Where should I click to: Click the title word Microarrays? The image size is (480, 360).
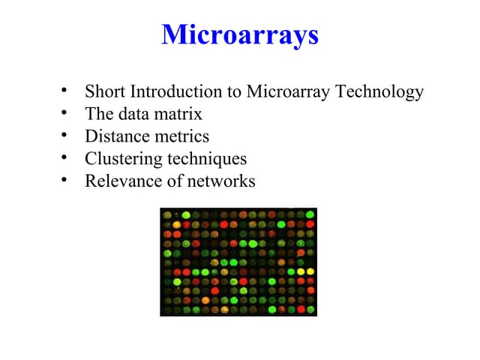(240, 34)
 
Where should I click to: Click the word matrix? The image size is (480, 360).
(182, 115)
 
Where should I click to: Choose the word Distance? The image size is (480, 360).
(115, 136)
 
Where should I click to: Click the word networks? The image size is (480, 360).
(222, 181)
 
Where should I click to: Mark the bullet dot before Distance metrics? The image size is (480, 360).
(66, 136)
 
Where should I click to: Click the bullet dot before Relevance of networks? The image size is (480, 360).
(66, 181)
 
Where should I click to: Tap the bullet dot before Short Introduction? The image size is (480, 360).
(66, 92)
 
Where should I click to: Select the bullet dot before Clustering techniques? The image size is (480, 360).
(66, 159)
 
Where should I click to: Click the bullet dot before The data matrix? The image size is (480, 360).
(66, 115)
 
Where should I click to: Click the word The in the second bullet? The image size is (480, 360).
(98, 115)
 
